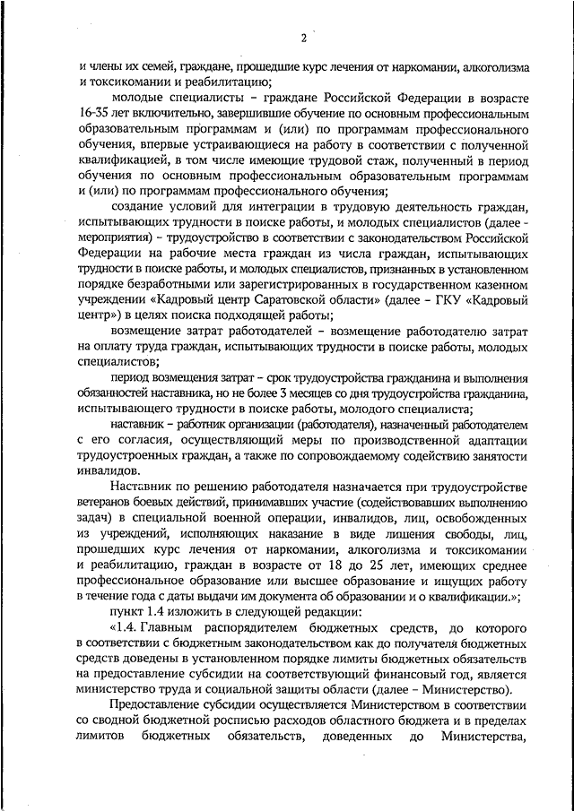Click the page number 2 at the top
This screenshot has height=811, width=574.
[x=304, y=38]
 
